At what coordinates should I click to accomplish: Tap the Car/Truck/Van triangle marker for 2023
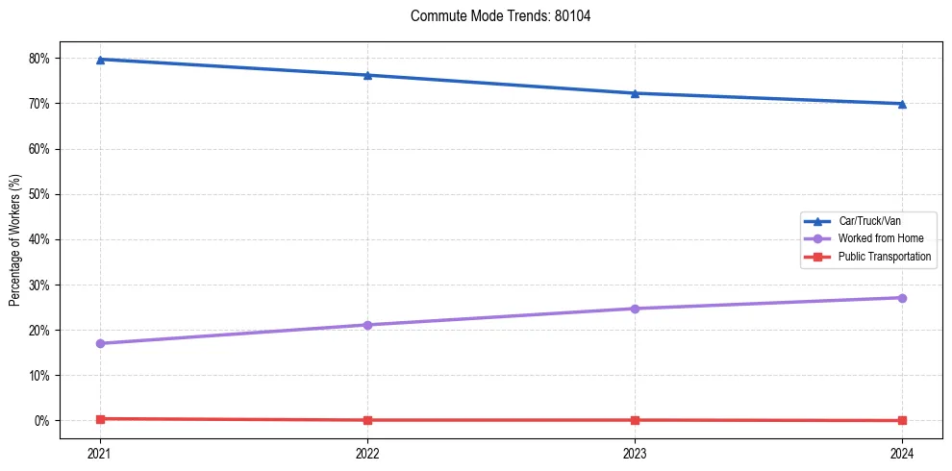click(635, 93)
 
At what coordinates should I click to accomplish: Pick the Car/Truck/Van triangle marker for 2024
click(902, 104)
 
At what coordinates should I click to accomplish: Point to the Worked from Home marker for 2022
click(367, 325)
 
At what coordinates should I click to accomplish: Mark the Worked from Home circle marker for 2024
click(902, 298)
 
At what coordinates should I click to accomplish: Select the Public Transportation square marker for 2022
click(367, 420)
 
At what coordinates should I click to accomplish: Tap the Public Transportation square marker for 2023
click(635, 420)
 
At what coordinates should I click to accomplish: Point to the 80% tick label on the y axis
click(38, 59)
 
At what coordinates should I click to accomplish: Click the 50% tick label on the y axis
click(38, 194)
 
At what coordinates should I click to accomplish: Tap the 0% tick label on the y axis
click(41, 421)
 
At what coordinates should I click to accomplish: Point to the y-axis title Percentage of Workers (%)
click(15, 240)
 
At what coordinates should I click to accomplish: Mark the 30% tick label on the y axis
click(38, 285)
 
